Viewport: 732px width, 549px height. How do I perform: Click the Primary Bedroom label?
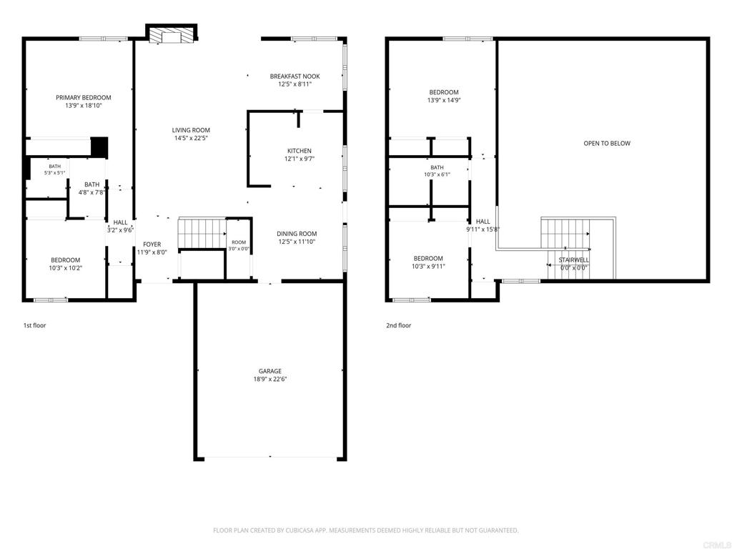84,97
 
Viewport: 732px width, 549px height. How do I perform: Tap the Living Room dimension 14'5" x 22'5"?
191,138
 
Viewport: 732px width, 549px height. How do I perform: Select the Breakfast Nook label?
295,76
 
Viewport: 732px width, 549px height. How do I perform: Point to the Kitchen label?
300,151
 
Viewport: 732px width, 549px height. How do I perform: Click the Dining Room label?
297,234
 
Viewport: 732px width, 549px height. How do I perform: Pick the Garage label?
269,371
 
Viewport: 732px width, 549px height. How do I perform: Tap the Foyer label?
152,244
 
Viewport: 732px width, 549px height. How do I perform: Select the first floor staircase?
202,233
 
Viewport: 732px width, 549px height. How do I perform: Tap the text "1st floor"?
35,325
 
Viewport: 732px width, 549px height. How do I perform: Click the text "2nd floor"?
399,325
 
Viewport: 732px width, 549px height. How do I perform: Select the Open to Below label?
607,143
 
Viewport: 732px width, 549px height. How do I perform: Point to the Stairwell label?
574,260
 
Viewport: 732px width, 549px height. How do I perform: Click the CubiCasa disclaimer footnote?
365,530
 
